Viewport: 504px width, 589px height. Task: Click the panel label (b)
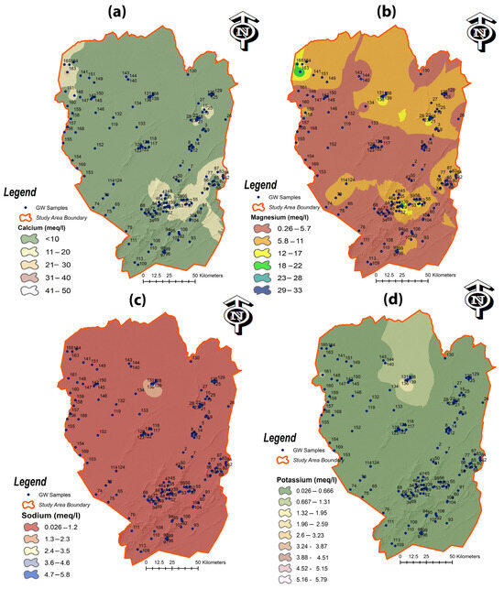tap(379, 13)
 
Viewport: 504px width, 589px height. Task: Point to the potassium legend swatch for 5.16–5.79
tap(274, 579)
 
